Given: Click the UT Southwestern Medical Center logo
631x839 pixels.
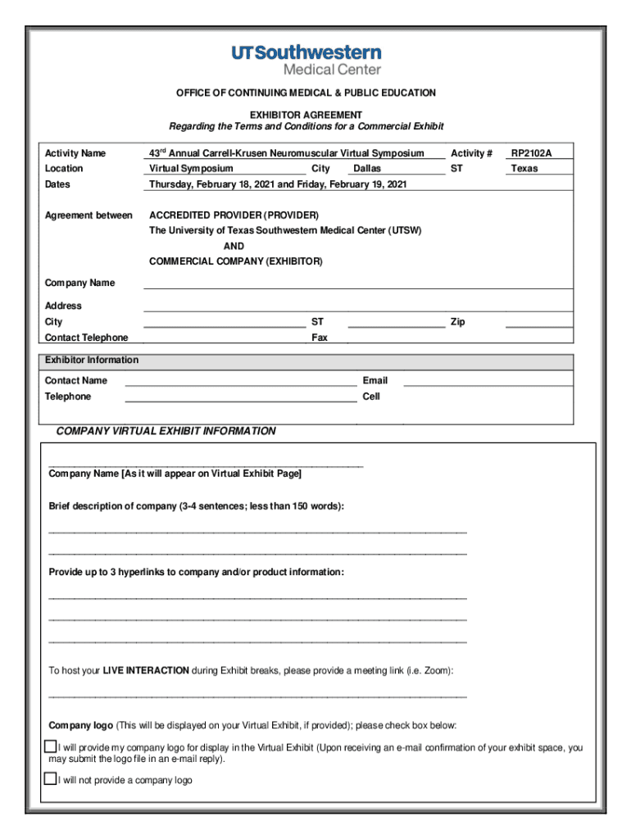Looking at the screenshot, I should (306, 60).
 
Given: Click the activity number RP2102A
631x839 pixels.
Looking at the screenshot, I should (531, 153).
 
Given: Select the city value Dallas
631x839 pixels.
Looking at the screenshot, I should (367, 169).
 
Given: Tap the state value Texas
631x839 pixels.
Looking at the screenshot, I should (524, 169).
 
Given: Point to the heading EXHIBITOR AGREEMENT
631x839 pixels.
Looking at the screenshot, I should (306, 116).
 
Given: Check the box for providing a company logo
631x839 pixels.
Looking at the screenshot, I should (50, 747).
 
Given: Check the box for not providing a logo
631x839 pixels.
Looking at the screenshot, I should (50, 779).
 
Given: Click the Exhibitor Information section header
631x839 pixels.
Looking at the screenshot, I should (92, 361).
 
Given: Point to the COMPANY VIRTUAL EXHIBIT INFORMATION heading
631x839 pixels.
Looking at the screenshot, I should (166, 432).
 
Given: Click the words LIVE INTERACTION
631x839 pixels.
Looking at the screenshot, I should (146, 671).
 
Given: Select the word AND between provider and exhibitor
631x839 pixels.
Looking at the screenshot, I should (234, 247).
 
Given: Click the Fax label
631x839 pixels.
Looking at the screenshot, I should (320, 338).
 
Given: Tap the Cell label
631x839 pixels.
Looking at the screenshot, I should (371, 397).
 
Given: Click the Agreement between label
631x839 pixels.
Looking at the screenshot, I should (89, 215).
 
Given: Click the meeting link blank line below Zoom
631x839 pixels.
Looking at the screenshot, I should (257, 695).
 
